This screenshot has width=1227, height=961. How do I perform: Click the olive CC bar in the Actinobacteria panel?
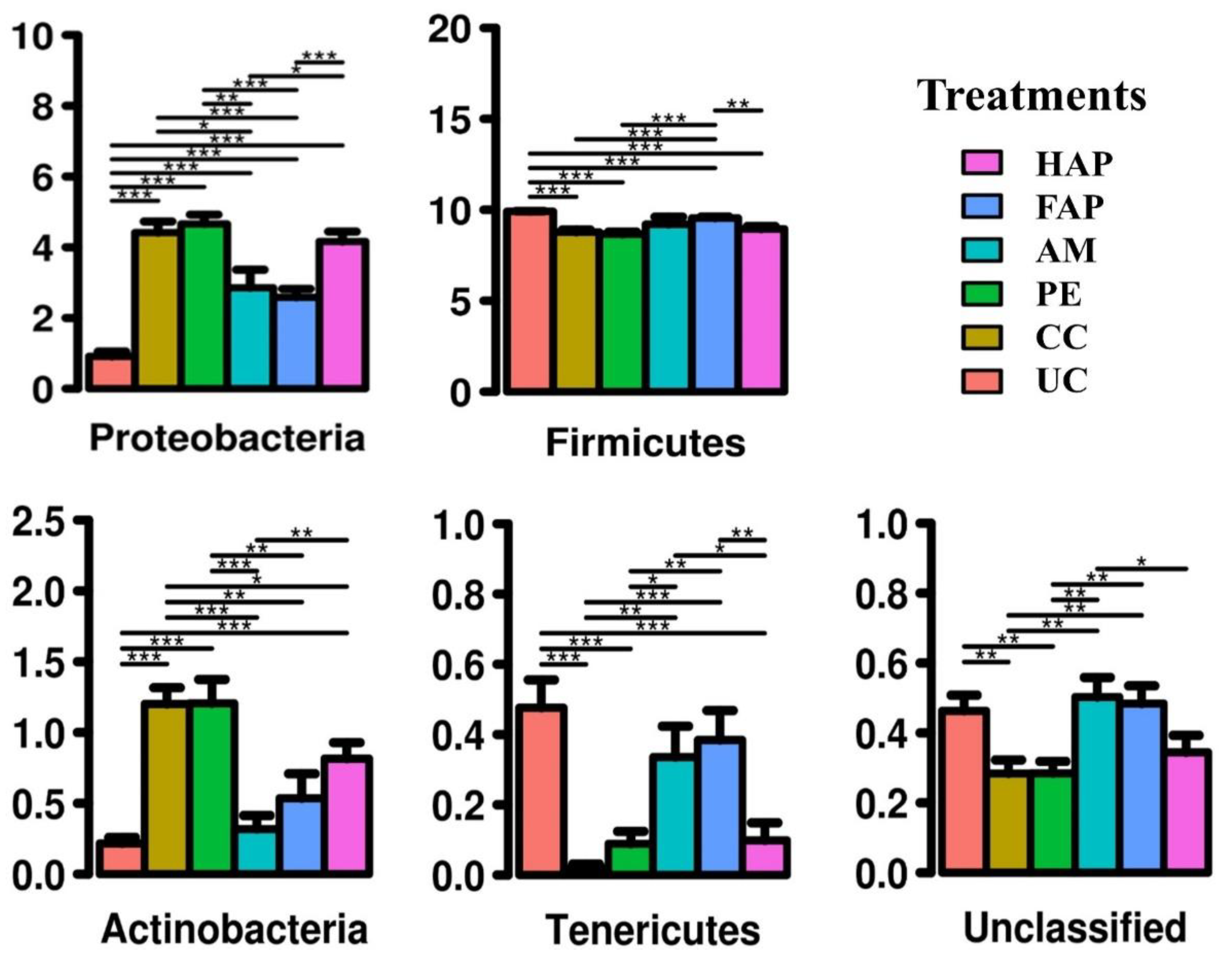[167, 787]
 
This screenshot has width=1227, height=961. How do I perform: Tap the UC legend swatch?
[981, 380]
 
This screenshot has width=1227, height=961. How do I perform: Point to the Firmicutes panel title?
[645, 443]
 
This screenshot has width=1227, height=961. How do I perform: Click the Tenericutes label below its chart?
[653, 929]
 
